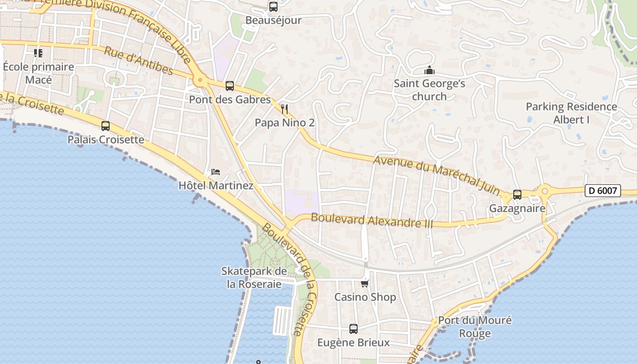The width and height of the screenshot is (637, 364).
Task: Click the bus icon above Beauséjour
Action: (273, 7)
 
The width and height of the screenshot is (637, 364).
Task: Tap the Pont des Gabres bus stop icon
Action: (230, 86)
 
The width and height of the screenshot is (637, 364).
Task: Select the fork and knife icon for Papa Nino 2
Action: (285, 109)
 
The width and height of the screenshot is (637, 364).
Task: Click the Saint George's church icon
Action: (429, 71)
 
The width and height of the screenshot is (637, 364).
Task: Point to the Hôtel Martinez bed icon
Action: (216, 172)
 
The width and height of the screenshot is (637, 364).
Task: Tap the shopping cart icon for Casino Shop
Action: (364, 284)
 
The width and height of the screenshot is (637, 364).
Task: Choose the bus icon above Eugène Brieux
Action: (354, 329)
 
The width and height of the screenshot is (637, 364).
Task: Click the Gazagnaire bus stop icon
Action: (517, 195)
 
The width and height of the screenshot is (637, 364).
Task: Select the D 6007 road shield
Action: (603, 191)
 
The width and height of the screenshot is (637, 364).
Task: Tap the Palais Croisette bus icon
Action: (106, 126)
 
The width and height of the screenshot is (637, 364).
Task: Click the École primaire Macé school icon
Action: (38, 53)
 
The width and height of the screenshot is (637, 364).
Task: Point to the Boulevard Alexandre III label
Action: (372, 221)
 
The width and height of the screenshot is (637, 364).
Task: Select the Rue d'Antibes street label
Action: (138, 61)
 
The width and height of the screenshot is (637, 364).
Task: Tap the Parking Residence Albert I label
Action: (571, 113)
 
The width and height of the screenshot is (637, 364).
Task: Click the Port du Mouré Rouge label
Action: (475, 327)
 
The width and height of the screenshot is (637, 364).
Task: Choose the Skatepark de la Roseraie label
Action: (254, 278)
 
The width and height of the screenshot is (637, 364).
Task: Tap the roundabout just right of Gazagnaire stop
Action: (544, 191)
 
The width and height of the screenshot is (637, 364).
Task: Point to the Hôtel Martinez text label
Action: (216, 186)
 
